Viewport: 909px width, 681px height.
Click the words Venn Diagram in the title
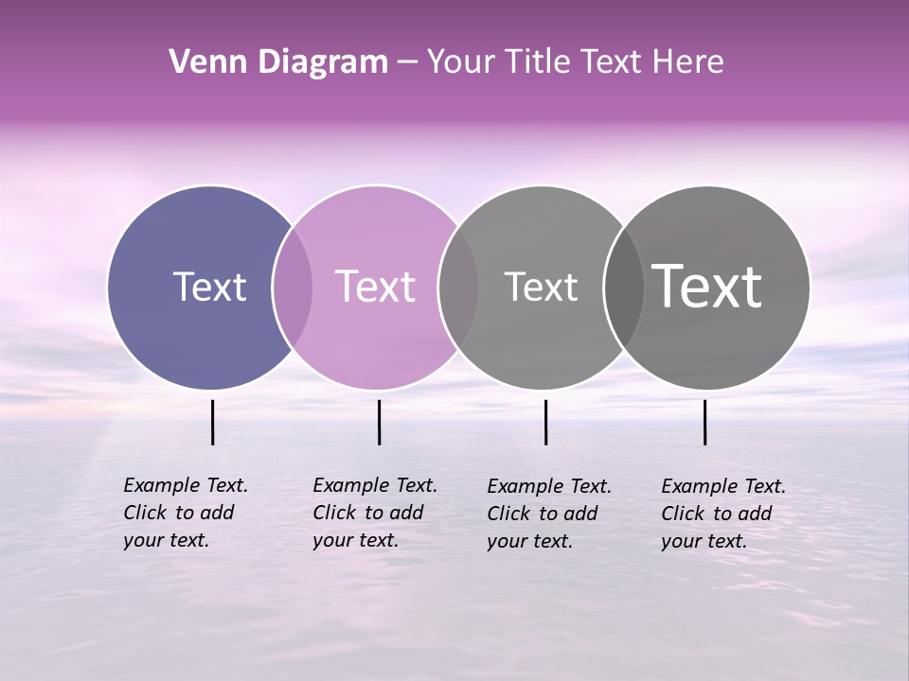(x=278, y=62)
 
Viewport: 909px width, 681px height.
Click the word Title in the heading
(x=537, y=62)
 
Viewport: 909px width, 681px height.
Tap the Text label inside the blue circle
(x=209, y=287)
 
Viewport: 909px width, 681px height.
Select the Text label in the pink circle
(x=375, y=287)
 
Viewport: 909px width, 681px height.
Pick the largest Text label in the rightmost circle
(x=706, y=286)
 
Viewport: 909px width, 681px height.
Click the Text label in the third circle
(x=541, y=287)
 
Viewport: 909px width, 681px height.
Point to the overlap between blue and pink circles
(x=293, y=287)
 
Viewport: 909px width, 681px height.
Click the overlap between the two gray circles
(x=624, y=287)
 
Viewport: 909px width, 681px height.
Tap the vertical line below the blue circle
(x=213, y=422)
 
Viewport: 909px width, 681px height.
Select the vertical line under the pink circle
(x=379, y=422)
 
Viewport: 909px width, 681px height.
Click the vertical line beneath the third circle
(x=545, y=422)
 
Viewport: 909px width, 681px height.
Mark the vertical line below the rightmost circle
(x=704, y=422)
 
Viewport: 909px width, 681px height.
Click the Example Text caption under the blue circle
(x=186, y=513)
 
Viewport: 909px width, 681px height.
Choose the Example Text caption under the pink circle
(x=375, y=513)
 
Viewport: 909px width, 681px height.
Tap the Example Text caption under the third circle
(x=549, y=514)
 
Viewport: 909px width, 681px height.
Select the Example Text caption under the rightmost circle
(x=723, y=514)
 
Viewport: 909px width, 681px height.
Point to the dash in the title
(x=407, y=62)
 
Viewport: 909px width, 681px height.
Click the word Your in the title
(x=461, y=62)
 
